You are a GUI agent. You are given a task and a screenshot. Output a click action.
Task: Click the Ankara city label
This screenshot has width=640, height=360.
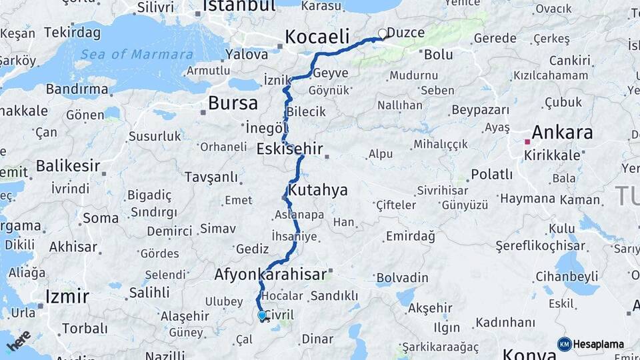pyautogui.click(x=562, y=131)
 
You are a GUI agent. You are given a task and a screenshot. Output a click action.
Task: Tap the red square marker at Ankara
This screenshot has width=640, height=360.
pyautogui.click(x=527, y=141)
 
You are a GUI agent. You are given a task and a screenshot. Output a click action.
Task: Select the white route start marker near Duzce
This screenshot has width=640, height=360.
pyautogui.click(x=383, y=33)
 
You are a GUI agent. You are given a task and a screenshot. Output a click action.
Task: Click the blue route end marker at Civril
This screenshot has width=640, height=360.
pyautogui.click(x=262, y=316)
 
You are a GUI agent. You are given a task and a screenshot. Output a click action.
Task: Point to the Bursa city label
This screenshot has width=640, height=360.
pyautogui.click(x=233, y=103)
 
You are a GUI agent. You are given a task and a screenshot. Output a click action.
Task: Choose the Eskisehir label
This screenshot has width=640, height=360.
pyautogui.click(x=289, y=149)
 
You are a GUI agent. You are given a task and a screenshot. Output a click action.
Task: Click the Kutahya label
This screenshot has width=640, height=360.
pyautogui.click(x=317, y=190)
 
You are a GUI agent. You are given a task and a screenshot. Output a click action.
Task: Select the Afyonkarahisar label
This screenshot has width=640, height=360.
pyautogui.click(x=271, y=274)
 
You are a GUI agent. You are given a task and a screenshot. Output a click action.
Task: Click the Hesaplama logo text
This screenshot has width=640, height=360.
pyautogui.click(x=599, y=344)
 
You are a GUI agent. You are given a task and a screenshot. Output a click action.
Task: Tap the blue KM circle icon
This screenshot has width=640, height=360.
pyautogui.click(x=565, y=344)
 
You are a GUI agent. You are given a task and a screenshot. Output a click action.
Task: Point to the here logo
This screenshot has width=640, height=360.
pyautogui.click(x=19, y=341)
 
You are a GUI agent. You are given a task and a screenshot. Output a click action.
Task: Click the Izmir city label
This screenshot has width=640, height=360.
pyautogui.click(x=67, y=295)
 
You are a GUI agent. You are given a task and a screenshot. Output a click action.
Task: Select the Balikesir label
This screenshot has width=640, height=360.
pyautogui.click(x=68, y=165)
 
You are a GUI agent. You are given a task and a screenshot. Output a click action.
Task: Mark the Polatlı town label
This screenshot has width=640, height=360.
pyautogui.click(x=492, y=175)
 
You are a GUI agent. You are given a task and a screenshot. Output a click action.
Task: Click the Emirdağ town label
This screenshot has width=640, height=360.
pyautogui.click(x=411, y=236)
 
